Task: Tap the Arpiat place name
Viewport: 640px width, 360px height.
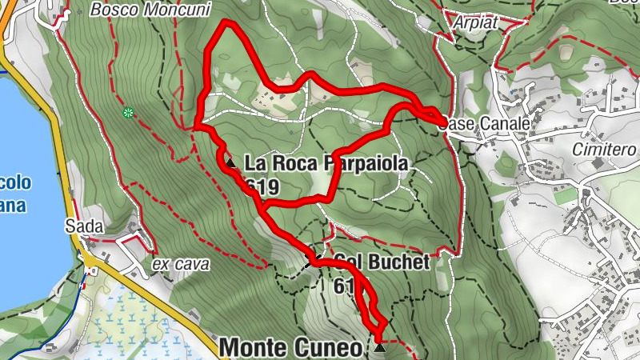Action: tap(474, 22)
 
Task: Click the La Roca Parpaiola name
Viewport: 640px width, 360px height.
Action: tap(326, 164)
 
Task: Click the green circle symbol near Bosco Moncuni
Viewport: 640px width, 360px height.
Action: tap(127, 113)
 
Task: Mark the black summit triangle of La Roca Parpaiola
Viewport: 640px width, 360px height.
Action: tap(230, 163)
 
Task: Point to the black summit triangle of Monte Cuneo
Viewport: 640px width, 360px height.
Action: tap(379, 347)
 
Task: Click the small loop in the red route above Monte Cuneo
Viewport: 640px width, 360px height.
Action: tap(370, 308)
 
